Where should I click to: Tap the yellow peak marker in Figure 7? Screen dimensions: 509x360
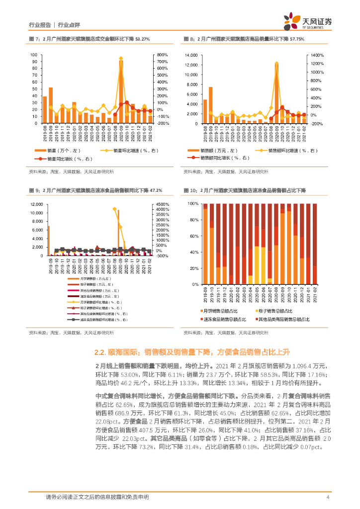[121, 59]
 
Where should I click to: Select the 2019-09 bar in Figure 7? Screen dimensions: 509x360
[51, 105]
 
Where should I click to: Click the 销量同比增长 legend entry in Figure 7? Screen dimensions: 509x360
[67, 159]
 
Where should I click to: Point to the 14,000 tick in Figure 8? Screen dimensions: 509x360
[191, 55]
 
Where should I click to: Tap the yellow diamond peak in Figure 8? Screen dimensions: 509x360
[276, 64]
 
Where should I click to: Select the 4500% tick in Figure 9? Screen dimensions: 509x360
[162, 204]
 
